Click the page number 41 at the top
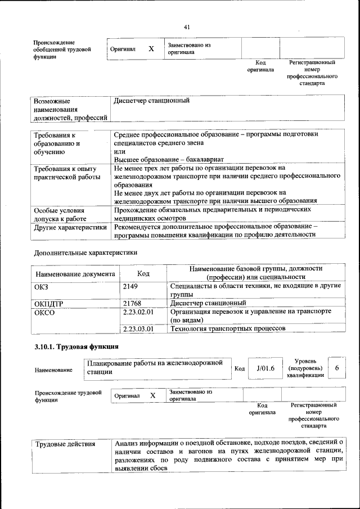click(x=187, y=26)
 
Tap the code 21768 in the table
click(x=132, y=303)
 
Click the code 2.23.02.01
click(x=138, y=312)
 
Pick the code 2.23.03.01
click(x=138, y=328)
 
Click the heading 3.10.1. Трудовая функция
click(x=76, y=346)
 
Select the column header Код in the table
click(x=143, y=273)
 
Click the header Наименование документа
click(x=75, y=274)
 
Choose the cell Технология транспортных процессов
click(x=228, y=328)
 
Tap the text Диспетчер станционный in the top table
click(x=151, y=101)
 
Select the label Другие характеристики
click(x=70, y=228)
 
